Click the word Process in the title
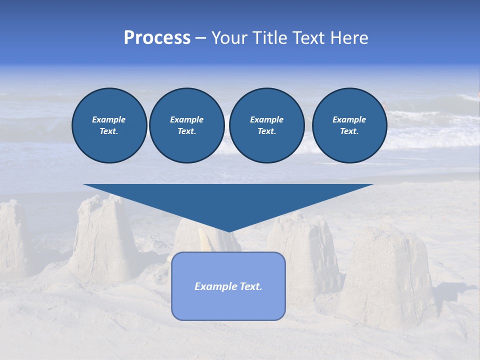[157, 38]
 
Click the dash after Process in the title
[200, 39]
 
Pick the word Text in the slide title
[309, 38]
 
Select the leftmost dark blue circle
[109, 125]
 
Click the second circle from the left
[186, 125]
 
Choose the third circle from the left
[266, 125]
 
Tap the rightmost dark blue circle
[349, 125]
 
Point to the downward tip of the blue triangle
[228, 230]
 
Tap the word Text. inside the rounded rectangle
[250, 286]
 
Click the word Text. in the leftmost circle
[109, 131]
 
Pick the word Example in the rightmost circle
[349, 119]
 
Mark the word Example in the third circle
[266, 119]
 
